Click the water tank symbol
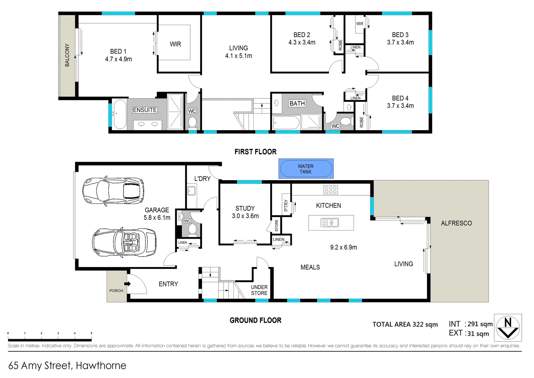coord(306,169)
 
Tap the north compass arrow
coord(508,328)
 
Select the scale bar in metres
coord(50,339)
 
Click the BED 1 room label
coord(118,51)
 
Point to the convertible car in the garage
coord(124,243)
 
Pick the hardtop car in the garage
coord(113,191)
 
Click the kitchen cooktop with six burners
coord(331,190)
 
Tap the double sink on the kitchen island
coord(330,222)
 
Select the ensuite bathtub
coord(119,114)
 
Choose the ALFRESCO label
coord(456,223)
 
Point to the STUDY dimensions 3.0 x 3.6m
coord(245,216)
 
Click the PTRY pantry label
coord(286,205)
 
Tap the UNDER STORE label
coord(259,290)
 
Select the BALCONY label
coord(67,55)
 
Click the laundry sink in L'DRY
coord(191,191)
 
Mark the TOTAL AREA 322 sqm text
coord(405,324)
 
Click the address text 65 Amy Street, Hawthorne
coord(67,365)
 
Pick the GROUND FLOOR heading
coord(255,320)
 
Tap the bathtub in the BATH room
coord(286,123)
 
